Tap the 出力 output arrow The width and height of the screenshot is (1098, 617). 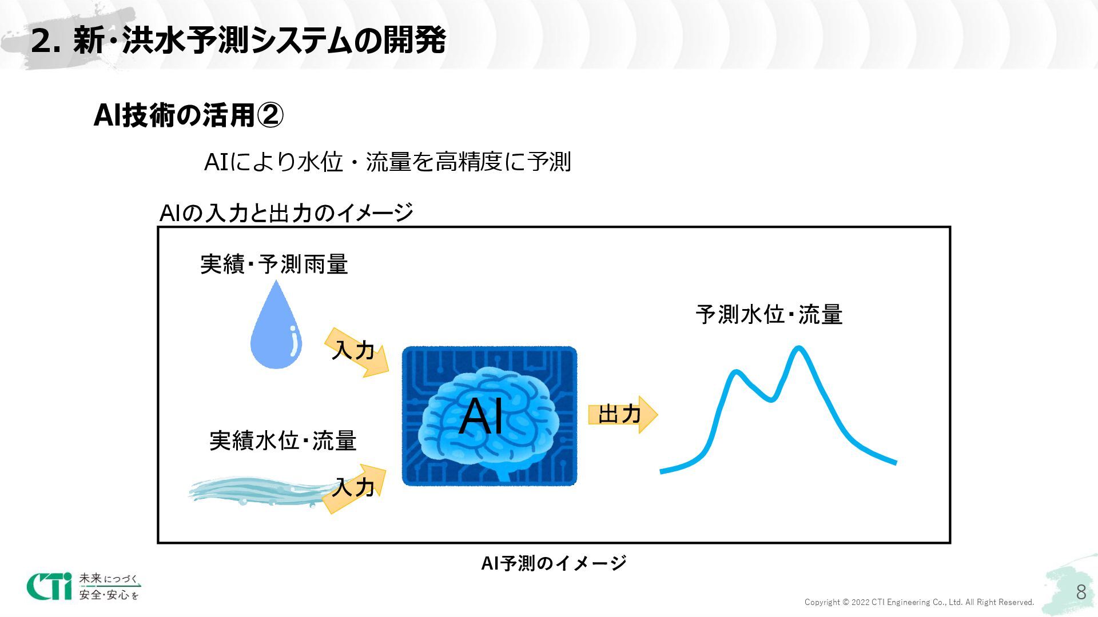coord(622,414)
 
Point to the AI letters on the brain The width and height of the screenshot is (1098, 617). coord(482,416)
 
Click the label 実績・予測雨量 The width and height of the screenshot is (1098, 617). coord(274,265)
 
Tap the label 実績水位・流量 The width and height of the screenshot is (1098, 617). coord(283,441)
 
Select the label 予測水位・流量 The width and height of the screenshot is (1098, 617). coord(769,315)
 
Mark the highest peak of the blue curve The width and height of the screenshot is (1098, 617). coord(798,348)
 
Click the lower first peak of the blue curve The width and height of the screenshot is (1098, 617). coord(737,372)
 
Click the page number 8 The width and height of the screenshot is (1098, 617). coord(1080,592)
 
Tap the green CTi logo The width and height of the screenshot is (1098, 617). coord(50,586)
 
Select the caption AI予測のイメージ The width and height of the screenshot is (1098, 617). coord(554,563)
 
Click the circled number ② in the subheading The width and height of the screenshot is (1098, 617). coord(269,115)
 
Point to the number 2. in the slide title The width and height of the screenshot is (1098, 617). coord(45,41)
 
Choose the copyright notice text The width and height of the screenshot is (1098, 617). coord(919,602)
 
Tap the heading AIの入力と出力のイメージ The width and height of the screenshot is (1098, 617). coord(286,213)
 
